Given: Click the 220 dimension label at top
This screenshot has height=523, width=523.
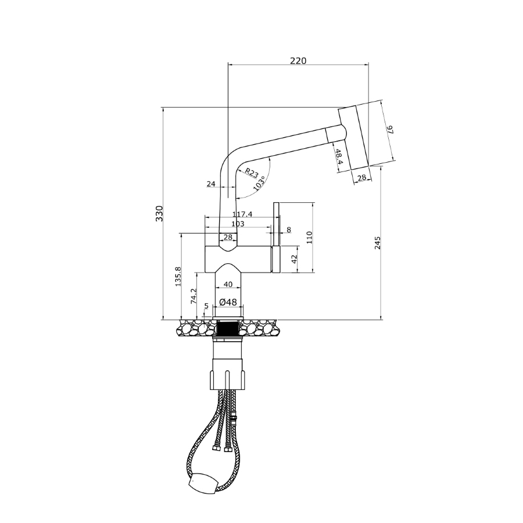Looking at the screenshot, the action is [298, 60].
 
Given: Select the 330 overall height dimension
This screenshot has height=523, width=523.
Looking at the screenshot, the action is [159, 213].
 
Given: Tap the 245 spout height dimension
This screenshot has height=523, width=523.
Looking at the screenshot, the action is [378, 243].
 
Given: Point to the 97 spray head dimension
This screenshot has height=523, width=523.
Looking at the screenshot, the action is [391, 130].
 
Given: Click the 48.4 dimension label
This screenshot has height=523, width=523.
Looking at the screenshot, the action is [339, 157].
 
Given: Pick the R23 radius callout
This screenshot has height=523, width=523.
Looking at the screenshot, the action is [252, 173].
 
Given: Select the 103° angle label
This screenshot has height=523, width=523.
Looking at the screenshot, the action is [260, 183].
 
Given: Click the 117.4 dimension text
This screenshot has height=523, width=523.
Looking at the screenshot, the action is [242, 214].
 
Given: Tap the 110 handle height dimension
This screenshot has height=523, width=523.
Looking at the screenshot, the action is [309, 237].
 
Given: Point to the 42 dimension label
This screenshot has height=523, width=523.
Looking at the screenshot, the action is [294, 259].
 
